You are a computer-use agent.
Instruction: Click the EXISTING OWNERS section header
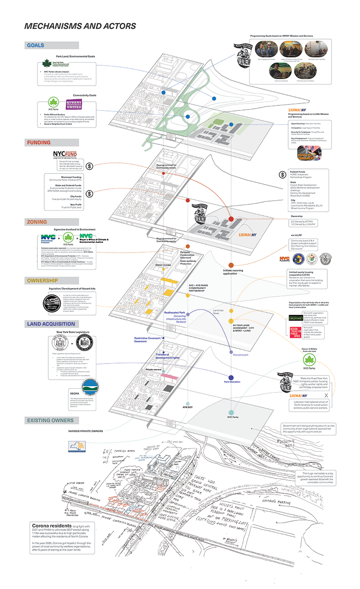[52, 420]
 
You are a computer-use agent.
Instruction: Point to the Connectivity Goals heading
[86, 95]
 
